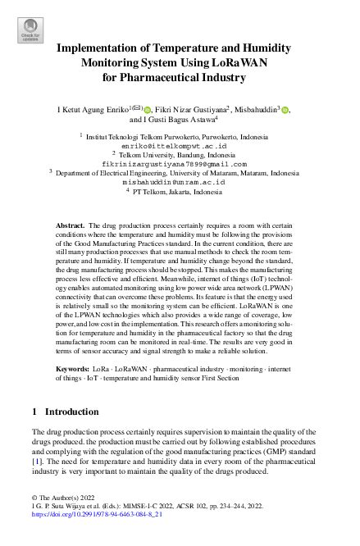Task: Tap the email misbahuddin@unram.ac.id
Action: pyautogui.click(x=180, y=182)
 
